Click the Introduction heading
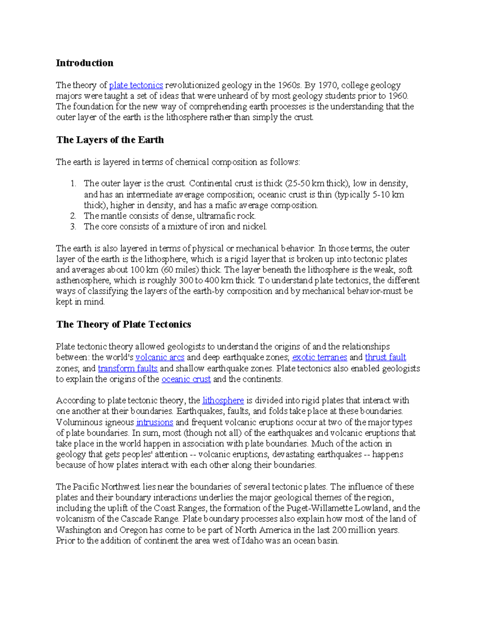(x=84, y=63)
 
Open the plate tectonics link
(x=136, y=85)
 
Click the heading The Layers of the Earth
(x=110, y=140)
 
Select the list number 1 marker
(x=73, y=184)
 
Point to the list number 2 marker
(x=73, y=216)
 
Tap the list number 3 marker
(x=73, y=227)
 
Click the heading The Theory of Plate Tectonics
(x=123, y=325)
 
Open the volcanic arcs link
(x=160, y=358)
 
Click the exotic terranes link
(x=320, y=358)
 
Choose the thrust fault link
(x=386, y=358)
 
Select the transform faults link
(x=128, y=368)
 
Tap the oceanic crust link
(x=186, y=379)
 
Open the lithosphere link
(x=223, y=400)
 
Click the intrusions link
(x=155, y=422)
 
